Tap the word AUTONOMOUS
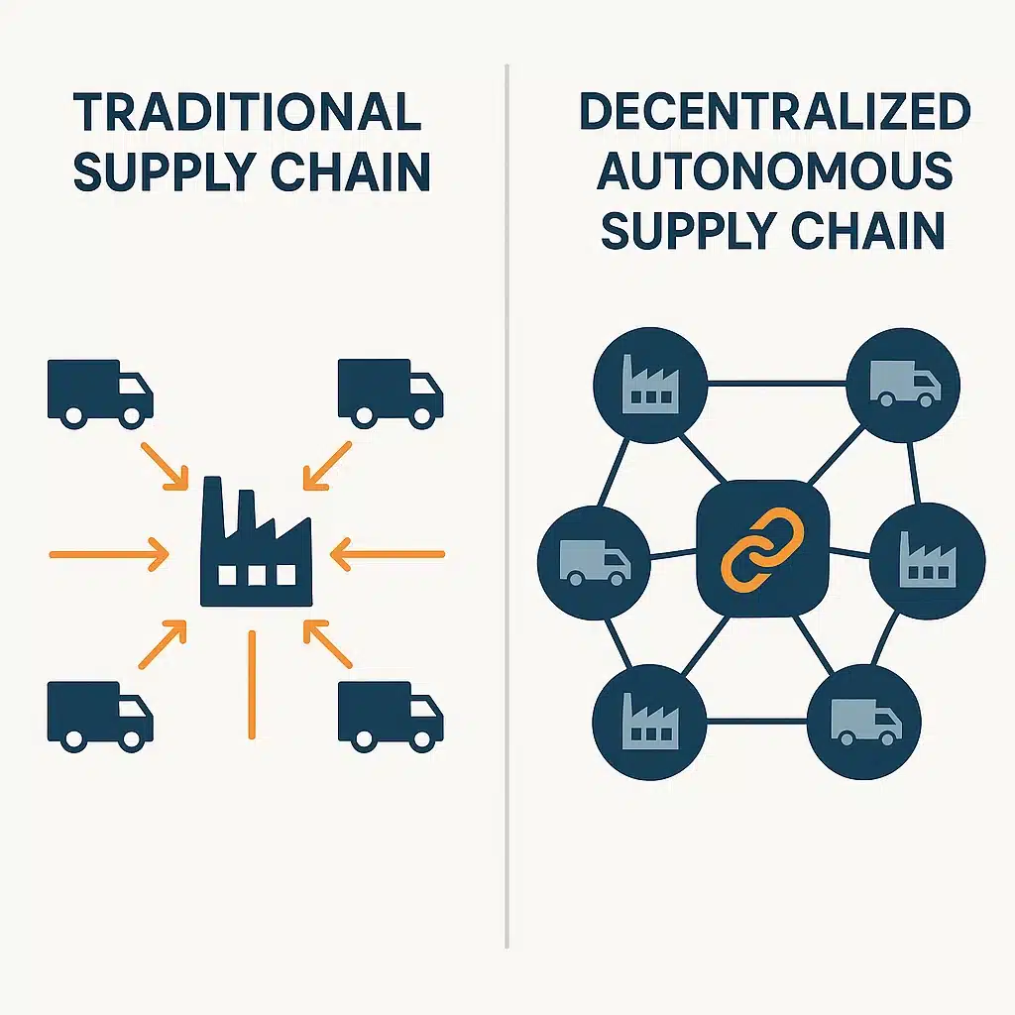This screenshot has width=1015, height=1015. [775, 172]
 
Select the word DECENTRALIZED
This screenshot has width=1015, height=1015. [775, 113]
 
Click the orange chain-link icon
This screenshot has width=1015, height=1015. [761, 548]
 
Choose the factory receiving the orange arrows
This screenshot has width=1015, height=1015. [256, 545]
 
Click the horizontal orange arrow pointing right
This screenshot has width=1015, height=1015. [109, 554]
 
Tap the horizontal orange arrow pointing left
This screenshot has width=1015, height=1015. [387, 554]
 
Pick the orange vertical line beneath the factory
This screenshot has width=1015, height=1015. [252, 684]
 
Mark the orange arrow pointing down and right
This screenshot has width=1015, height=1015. [164, 465]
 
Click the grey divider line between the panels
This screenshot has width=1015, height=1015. [507, 496]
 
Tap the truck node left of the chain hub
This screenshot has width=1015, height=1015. [594, 561]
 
